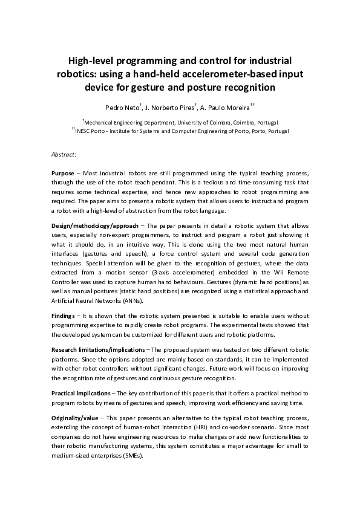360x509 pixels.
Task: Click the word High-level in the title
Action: click(x=91, y=60)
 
